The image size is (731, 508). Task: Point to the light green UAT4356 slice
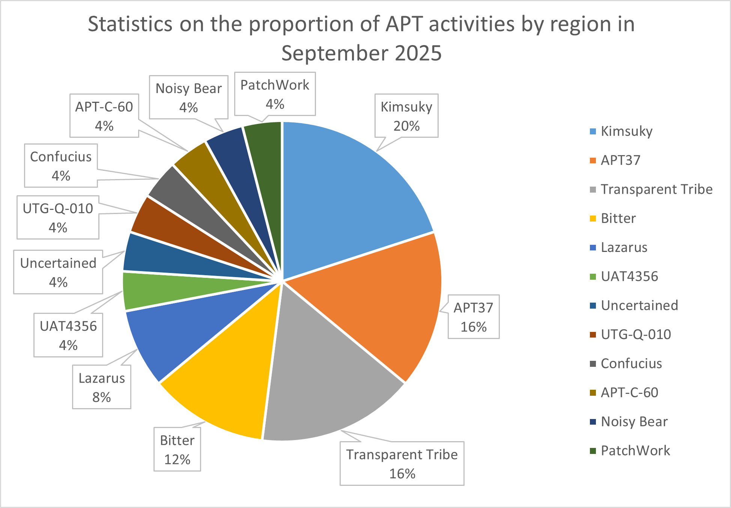(165, 291)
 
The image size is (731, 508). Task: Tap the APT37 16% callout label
(473, 317)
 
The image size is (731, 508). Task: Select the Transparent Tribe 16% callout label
(402, 463)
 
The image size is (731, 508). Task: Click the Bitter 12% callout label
(177, 449)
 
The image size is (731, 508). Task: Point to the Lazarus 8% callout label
(102, 387)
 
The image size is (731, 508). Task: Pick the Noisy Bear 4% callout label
(188, 97)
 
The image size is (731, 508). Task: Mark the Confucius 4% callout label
(61, 166)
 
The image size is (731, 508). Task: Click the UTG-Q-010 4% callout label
(58, 217)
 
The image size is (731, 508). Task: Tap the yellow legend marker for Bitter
(593, 219)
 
